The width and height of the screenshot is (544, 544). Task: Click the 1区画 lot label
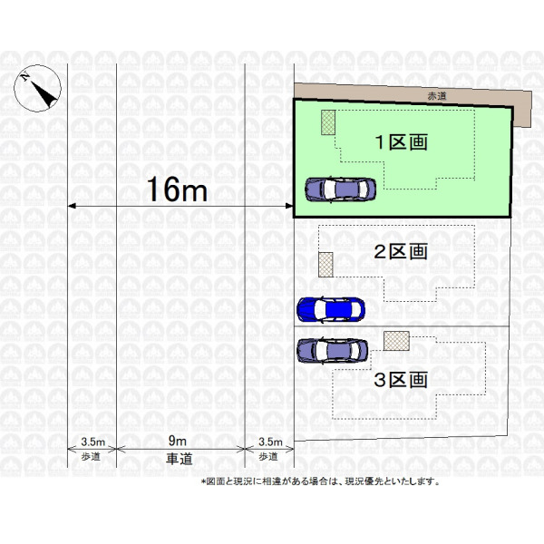(x=401, y=142)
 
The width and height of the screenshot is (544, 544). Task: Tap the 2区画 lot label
(x=401, y=251)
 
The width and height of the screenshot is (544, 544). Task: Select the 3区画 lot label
(x=401, y=380)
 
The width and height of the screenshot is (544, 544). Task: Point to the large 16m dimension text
(x=178, y=189)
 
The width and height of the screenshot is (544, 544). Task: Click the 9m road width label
(x=178, y=441)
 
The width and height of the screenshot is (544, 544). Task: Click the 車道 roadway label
(x=179, y=459)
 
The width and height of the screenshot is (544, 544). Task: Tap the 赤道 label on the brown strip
(x=437, y=96)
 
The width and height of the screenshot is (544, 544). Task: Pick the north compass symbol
(x=37, y=88)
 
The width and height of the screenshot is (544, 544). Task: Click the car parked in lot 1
(x=340, y=189)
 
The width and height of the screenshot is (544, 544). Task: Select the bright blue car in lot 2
(x=331, y=309)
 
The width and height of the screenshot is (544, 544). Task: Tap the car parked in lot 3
(x=333, y=350)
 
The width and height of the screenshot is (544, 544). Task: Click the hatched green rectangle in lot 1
(x=328, y=122)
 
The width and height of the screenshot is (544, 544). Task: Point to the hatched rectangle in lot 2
(x=325, y=265)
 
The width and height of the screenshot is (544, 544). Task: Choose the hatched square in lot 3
(x=396, y=341)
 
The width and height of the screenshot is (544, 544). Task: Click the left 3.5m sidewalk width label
(x=92, y=442)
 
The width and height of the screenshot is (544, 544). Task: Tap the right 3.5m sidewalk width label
(x=270, y=442)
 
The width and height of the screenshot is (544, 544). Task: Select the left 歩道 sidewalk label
(x=91, y=457)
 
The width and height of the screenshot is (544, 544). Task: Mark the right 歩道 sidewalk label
(x=268, y=457)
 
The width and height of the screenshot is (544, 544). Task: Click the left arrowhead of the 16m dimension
(x=71, y=206)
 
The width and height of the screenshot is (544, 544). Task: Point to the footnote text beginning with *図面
(x=320, y=481)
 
